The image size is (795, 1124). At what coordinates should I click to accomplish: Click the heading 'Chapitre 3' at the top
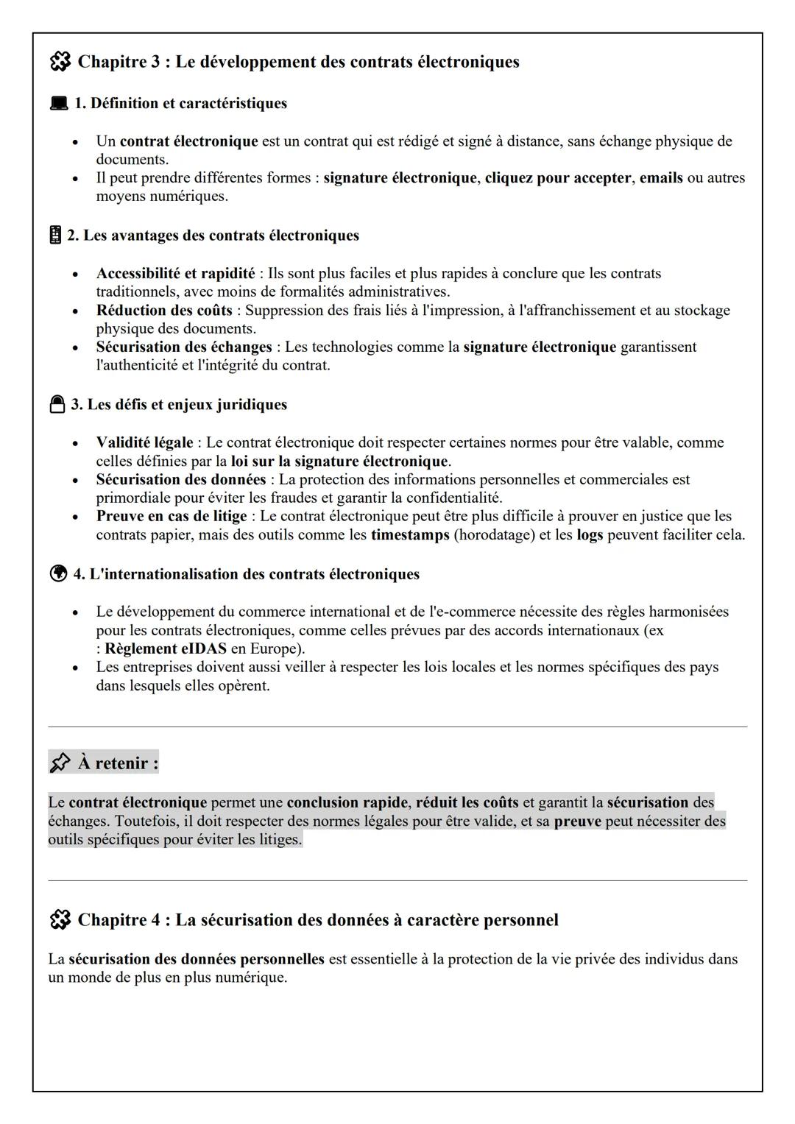(x=298, y=62)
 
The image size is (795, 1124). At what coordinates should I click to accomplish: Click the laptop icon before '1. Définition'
(x=58, y=104)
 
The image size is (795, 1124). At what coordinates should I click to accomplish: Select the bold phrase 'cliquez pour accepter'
(x=557, y=178)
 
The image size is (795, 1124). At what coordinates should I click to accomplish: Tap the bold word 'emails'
(x=661, y=178)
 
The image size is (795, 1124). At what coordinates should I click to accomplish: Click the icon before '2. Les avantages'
(x=55, y=236)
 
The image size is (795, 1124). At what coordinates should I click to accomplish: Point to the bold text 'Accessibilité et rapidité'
(x=175, y=274)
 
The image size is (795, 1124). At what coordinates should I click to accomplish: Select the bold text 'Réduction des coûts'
(x=163, y=311)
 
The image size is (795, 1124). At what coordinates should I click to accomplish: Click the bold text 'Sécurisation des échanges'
(x=184, y=347)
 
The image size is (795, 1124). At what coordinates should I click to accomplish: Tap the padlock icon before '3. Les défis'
(x=57, y=405)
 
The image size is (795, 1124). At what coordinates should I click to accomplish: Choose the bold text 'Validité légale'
(x=144, y=443)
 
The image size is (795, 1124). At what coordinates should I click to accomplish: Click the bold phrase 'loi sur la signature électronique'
(x=339, y=462)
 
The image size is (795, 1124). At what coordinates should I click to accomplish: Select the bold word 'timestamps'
(x=409, y=535)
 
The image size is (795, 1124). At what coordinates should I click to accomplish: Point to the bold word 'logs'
(x=590, y=535)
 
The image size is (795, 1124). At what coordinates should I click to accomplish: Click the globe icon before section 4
(x=58, y=574)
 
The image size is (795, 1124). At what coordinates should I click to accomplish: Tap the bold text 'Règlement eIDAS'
(x=166, y=649)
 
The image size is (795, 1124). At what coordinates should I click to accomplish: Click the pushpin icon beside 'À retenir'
(x=60, y=763)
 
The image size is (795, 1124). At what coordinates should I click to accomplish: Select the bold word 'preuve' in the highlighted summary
(x=577, y=821)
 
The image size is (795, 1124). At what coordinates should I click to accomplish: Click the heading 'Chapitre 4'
(x=317, y=920)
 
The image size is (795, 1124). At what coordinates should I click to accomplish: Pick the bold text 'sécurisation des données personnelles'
(x=197, y=960)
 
